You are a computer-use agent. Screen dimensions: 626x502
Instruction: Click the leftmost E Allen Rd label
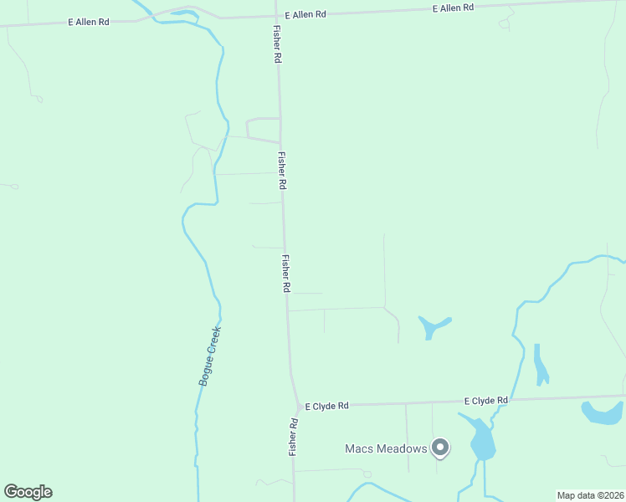90,22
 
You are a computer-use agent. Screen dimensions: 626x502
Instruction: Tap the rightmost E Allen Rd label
454,8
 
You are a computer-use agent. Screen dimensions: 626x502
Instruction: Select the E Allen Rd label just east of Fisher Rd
305,15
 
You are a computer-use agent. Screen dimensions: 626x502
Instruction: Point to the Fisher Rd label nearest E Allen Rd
276,44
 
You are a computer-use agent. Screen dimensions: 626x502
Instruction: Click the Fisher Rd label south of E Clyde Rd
294,436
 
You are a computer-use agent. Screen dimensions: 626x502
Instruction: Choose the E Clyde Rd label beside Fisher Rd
326,406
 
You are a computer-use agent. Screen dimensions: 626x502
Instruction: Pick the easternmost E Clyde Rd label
485,401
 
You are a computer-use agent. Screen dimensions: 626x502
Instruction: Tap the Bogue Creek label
209,355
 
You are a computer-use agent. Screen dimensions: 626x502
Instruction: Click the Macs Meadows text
386,448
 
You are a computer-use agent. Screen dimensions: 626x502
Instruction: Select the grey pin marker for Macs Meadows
439,448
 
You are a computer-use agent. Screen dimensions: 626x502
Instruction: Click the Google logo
28,492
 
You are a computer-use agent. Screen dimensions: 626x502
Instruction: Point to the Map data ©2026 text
590,495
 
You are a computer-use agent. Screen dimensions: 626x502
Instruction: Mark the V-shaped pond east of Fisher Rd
431,325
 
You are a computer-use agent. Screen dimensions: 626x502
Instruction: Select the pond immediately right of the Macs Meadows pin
481,438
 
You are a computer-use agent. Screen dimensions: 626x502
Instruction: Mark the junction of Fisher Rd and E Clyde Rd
297,406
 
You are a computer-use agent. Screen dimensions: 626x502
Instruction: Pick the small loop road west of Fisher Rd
262,129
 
